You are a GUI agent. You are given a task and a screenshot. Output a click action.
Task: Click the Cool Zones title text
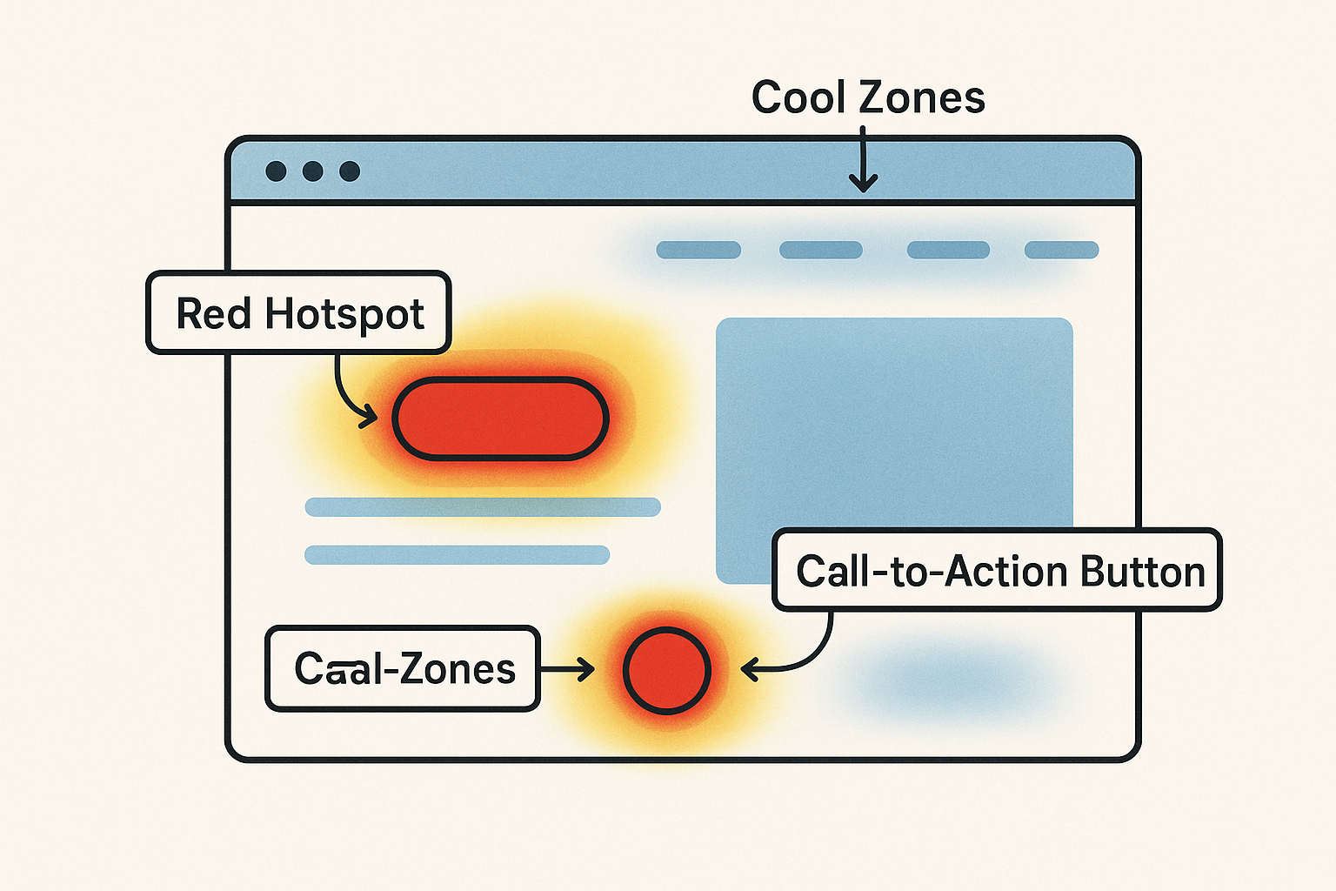tap(867, 97)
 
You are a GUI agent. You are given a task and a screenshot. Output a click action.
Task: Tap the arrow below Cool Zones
tap(863, 161)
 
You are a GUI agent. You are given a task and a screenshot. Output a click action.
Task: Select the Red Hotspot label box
tap(298, 313)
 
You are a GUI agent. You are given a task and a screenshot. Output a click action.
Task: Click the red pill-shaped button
tap(500, 419)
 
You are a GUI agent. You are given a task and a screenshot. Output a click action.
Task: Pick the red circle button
tap(666, 670)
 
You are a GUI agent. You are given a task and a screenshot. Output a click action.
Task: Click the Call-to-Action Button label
tap(998, 570)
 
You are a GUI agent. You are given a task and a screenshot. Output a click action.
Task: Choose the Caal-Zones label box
tap(403, 668)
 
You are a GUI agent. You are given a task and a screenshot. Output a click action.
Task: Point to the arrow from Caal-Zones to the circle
tap(566, 669)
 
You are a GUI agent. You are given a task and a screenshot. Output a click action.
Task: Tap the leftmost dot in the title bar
tap(276, 171)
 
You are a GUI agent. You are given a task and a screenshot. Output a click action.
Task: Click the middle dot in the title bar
tap(313, 171)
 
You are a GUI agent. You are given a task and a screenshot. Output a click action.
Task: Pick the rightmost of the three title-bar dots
tap(350, 171)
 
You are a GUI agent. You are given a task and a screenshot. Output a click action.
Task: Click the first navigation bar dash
tap(698, 251)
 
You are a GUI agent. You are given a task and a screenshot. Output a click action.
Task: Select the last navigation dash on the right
tap(1061, 251)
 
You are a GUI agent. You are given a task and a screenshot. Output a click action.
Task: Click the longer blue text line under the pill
tap(483, 507)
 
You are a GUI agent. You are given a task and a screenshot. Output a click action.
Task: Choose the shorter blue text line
tap(457, 555)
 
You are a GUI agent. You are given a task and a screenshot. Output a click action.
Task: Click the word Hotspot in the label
tap(344, 314)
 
